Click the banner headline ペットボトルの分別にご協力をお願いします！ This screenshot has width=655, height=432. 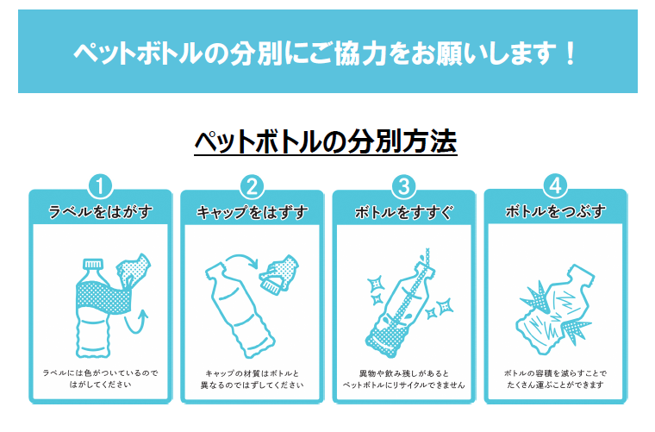pos(326,53)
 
